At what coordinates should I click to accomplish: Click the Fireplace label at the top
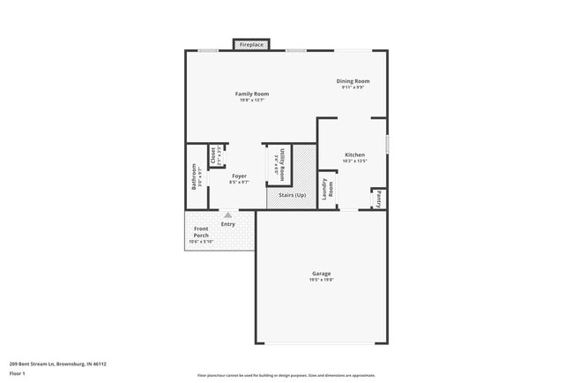click(251, 44)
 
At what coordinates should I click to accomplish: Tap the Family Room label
click(251, 94)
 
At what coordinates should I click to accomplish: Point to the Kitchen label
click(354, 155)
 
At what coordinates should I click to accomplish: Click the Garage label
click(321, 274)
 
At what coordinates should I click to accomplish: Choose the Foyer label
click(239, 176)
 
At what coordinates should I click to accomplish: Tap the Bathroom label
click(196, 177)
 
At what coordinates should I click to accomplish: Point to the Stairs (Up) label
click(292, 195)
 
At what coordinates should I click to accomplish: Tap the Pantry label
click(378, 199)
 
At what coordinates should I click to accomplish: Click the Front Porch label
click(201, 233)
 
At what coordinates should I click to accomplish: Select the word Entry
click(228, 224)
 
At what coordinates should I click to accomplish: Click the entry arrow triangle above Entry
click(228, 214)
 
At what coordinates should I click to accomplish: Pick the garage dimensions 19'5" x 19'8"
click(321, 280)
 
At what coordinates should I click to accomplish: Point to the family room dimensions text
click(251, 100)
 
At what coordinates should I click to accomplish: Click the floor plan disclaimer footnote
click(286, 375)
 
